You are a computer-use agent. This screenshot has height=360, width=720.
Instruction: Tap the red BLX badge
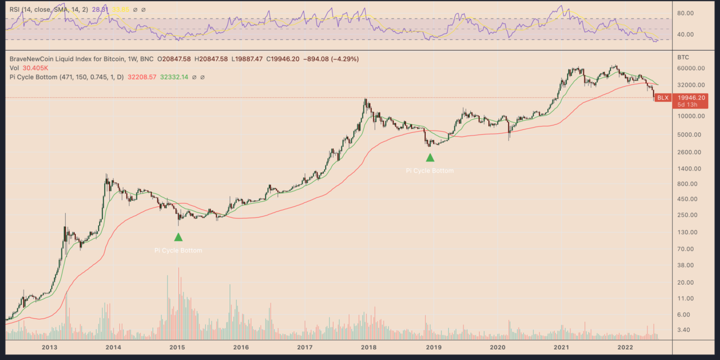tap(663, 98)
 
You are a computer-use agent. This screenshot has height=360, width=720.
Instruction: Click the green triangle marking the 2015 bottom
tap(178, 237)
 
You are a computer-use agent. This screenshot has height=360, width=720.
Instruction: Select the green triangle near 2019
tap(430, 157)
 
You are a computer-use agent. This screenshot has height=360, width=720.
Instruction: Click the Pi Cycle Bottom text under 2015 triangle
tap(178, 250)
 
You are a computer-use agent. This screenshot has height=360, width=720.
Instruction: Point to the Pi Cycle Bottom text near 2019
tap(430, 170)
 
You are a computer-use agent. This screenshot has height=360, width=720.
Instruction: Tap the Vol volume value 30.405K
tap(35, 68)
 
